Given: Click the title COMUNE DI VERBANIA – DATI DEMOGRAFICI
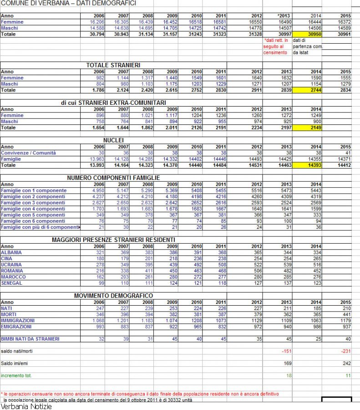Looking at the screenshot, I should [69, 3].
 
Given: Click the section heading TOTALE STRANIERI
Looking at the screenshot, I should [113, 66].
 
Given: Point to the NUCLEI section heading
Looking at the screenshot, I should [113, 140].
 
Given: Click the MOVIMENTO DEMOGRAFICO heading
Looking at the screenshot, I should [113, 296].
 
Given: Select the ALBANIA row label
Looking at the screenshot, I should [11, 252].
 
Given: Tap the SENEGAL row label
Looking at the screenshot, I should [12, 283].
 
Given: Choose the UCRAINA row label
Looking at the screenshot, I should [12, 265].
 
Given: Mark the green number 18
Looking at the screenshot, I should [288, 375].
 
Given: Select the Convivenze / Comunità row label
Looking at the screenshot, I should [28, 153].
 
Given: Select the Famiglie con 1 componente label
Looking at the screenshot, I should [34, 190].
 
